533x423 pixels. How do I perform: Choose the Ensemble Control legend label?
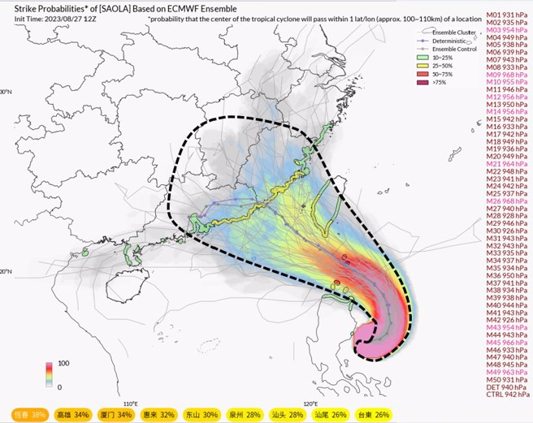coord(462,49)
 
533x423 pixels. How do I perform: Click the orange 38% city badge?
coord(28,414)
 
